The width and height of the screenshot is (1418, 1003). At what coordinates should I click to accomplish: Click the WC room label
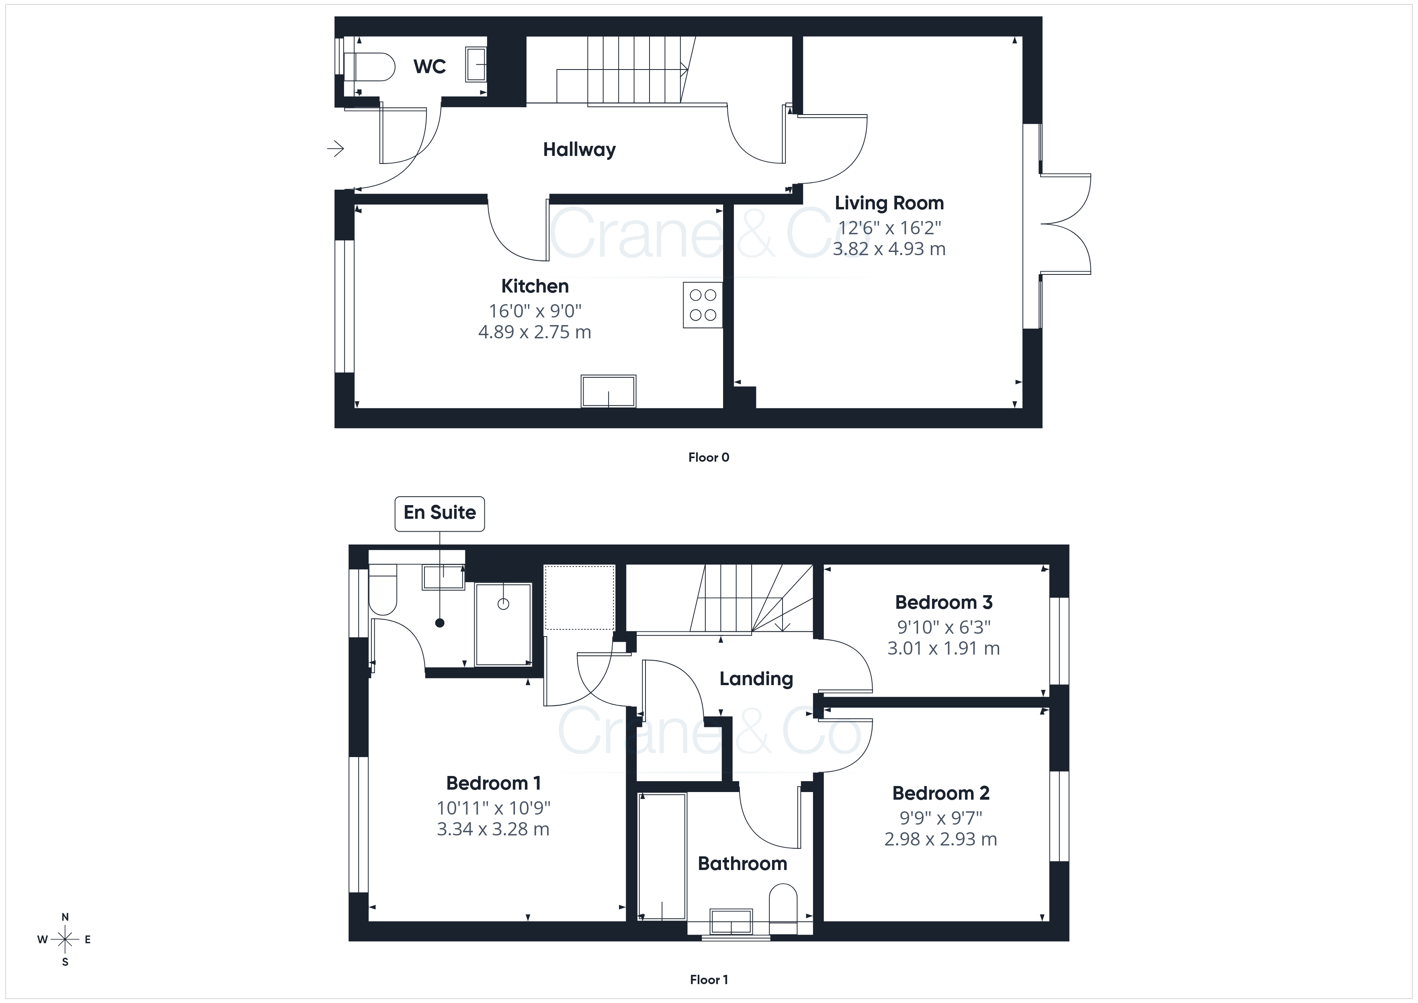[429, 67]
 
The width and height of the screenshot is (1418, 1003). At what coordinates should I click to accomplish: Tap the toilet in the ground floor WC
[369, 67]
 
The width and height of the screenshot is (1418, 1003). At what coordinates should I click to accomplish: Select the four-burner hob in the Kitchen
[703, 305]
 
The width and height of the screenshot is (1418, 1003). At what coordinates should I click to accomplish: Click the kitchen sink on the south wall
[609, 391]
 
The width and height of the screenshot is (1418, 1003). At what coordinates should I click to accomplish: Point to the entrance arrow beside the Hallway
[335, 148]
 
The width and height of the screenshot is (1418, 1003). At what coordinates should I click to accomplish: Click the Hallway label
[579, 149]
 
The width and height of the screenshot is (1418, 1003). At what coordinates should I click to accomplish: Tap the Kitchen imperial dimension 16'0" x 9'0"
[535, 311]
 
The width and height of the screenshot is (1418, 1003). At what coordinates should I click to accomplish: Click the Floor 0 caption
[709, 457]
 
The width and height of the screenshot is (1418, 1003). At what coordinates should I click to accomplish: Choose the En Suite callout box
[440, 513]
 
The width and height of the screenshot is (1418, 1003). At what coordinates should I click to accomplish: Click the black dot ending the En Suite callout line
[440, 622]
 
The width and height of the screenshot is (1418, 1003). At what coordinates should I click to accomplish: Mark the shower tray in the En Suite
[503, 624]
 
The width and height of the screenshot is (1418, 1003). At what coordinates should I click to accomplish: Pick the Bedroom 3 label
[944, 602]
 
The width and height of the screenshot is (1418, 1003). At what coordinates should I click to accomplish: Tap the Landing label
[756, 679]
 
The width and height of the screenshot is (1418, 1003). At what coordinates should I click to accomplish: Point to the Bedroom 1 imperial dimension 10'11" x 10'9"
[494, 808]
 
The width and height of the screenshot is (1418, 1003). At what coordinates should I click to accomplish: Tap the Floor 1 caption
[709, 980]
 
